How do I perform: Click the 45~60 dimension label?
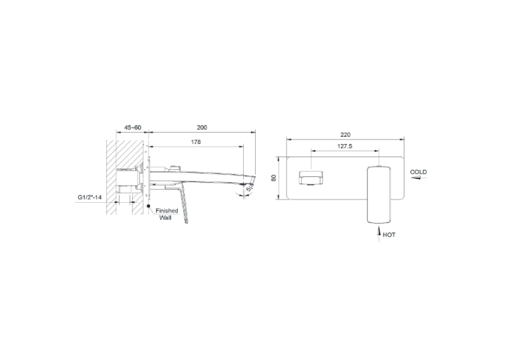pos(133,127)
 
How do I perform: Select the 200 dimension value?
pos(202,127)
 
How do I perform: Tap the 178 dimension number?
pos(196,142)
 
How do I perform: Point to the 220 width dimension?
pos(345,135)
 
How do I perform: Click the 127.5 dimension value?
pos(345,146)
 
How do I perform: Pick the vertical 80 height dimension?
pos(273,178)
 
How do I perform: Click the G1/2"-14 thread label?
pos(89,197)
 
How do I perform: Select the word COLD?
pos(418,172)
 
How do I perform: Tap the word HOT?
pos(389,235)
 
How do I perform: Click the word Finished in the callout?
pos(167,211)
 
